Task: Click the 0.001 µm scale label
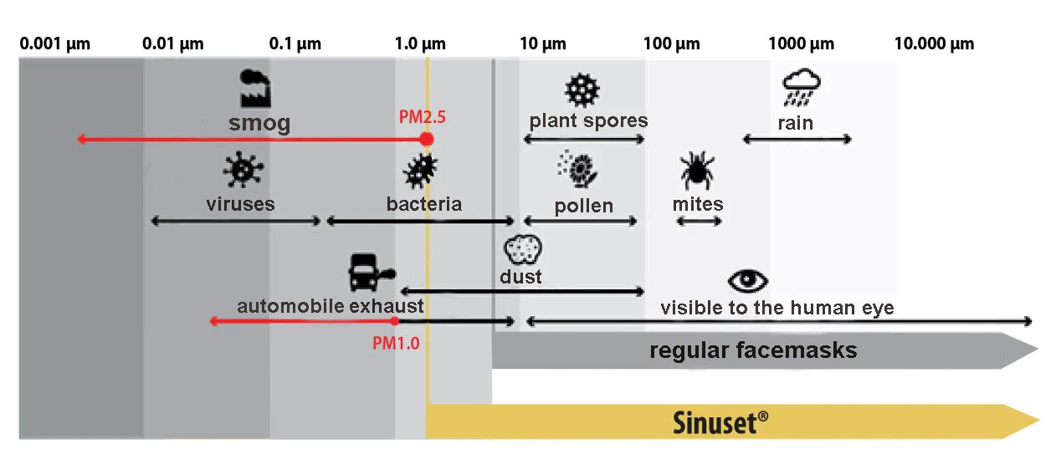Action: point(55,43)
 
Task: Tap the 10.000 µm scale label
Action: point(934,43)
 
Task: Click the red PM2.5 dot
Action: point(427,139)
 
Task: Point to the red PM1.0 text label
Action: point(396,342)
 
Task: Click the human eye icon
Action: point(747,281)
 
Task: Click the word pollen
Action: point(583,206)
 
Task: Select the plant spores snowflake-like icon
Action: point(582,89)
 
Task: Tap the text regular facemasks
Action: point(753,350)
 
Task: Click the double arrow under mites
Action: point(699,222)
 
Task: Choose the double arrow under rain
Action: point(797,139)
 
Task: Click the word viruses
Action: point(240,203)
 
